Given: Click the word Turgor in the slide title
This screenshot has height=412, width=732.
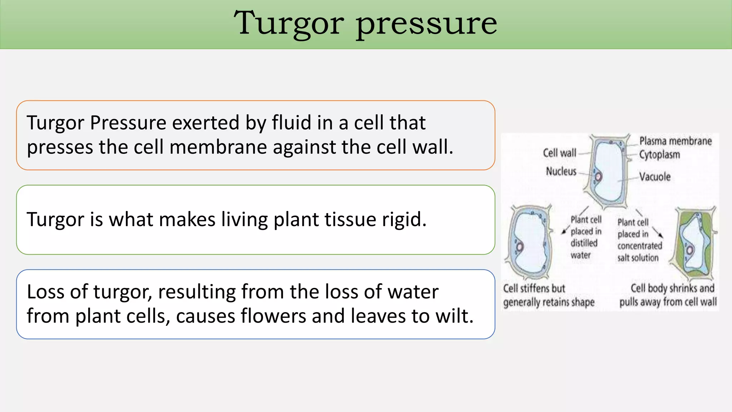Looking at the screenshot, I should click(x=289, y=24).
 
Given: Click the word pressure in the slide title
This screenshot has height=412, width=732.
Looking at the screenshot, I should click(x=426, y=24).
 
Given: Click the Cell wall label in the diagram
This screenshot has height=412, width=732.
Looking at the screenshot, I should click(x=559, y=153).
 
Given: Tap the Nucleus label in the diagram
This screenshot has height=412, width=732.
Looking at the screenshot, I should click(x=561, y=172).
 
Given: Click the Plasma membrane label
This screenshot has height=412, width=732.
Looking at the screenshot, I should click(x=675, y=141).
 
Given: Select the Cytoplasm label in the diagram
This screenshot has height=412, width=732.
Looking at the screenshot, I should click(x=659, y=155).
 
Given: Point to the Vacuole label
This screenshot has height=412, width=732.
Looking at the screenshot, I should click(x=655, y=177).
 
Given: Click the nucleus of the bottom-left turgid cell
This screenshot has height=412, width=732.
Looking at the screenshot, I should click(x=519, y=247).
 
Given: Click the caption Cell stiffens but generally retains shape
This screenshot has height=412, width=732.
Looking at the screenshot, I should click(x=548, y=295).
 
